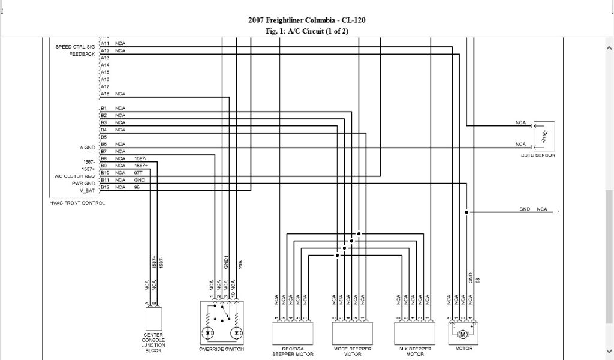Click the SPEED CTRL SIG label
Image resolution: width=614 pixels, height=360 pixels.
pyautogui.click(x=75, y=46)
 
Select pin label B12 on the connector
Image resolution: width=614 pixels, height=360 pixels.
pyautogui.click(x=104, y=187)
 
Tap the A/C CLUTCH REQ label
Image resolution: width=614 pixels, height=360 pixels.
pyautogui.click(x=74, y=176)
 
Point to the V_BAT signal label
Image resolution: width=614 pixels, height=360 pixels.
pyautogui.click(x=87, y=190)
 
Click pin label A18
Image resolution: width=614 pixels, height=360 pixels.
pyautogui.click(x=104, y=94)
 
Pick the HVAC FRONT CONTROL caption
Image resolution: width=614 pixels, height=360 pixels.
pyautogui.click(x=77, y=203)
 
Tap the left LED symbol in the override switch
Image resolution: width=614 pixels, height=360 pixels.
pyautogui.click(x=209, y=332)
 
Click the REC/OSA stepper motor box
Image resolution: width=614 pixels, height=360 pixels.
pyautogui.click(x=291, y=332)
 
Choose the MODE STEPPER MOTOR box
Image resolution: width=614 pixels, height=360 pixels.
pyautogui.click(x=353, y=332)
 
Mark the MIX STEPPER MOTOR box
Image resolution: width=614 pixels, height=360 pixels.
pyautogui.click(x=416, y=332)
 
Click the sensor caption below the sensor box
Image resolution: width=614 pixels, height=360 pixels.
pyautogui.click(x=538, y=155)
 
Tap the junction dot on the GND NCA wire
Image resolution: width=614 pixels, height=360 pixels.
pyautogui.click(x=466, y=212)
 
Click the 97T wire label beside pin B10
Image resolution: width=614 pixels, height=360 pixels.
pyautogui.click(x=139, y=173)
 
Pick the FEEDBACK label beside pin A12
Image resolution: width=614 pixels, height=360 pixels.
pyautogui.click(x=83, y=53)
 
